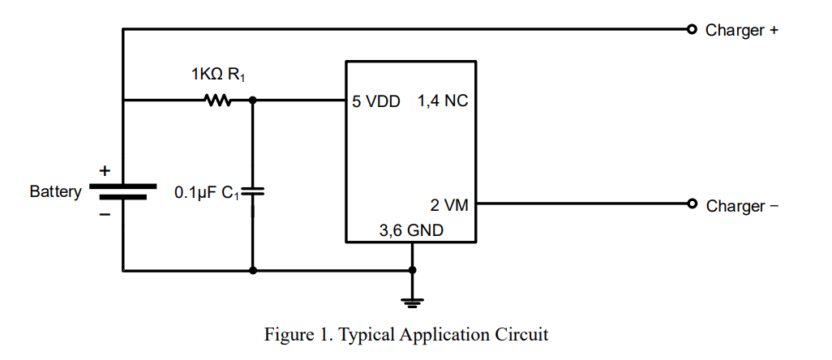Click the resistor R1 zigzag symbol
[217, 100]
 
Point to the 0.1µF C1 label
[207, 193]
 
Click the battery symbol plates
[123, 191]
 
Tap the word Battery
[56, 191]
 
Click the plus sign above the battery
[105, 171]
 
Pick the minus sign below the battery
[105, 215]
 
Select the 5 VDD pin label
[376, 101]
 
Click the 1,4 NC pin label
[443, 101]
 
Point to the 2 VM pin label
[449, 205]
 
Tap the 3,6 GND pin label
[412, 231]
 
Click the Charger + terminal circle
[692, 29]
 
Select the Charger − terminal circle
[692, 203]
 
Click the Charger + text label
[742, 30]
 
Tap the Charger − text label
[742, 206]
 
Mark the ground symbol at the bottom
[412, 302]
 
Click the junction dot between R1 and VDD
[252, 100]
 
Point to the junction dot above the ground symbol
[412, 270]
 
